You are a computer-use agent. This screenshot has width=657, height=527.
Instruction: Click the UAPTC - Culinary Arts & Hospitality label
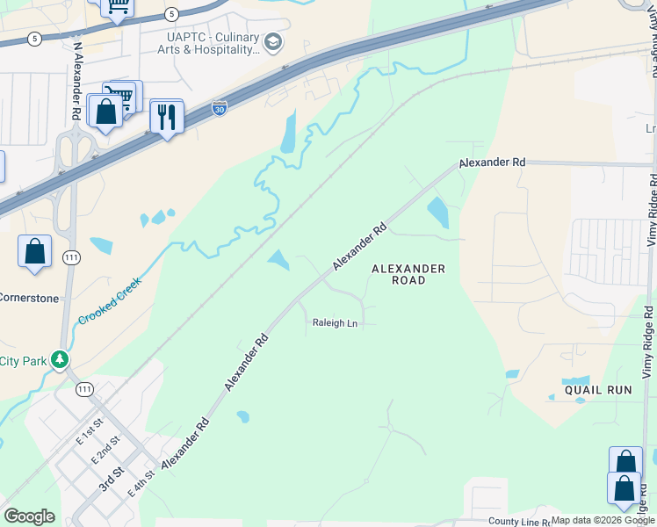point(213,44)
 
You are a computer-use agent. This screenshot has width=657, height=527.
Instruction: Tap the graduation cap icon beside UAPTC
point(273,41)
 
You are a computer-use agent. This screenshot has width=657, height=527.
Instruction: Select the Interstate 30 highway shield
point(220,109)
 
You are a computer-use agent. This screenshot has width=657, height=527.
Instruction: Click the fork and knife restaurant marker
point(166,116)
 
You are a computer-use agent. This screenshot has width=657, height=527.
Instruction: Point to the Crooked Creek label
point(109,301)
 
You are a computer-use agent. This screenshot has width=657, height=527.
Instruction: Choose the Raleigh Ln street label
point(335,323)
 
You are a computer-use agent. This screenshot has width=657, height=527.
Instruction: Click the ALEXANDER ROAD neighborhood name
point(408,274)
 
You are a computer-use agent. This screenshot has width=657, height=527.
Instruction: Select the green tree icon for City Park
point(60,360)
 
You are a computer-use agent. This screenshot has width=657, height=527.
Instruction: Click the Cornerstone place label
point(29,298)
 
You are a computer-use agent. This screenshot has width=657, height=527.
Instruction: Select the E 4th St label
point(141,483)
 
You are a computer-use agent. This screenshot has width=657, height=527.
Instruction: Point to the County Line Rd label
point(518,522)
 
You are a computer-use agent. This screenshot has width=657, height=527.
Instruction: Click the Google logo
point(29,516)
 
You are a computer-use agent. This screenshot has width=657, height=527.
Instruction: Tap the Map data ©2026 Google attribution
point(603,521)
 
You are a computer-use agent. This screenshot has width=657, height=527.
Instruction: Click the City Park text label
point(21,361)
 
